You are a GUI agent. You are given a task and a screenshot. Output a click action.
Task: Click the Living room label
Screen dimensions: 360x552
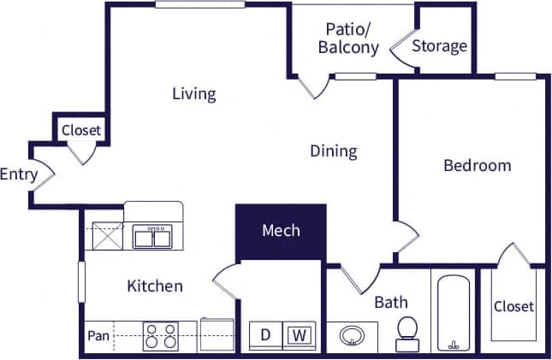[x=193, y=93]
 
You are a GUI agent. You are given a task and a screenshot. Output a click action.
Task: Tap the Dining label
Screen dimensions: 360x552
[x=333, y=151]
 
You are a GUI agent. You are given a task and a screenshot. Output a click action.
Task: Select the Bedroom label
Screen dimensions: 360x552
[x=477, y=165]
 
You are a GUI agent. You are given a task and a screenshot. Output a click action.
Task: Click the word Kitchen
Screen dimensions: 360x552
[x=155, y=286]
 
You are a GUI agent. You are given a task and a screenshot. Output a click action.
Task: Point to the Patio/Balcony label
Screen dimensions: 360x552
[x=348, y=38]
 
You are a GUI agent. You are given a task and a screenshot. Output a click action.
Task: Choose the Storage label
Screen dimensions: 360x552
[x=440, y=45]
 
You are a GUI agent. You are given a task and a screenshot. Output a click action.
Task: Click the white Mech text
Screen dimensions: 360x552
[x=281, y=230]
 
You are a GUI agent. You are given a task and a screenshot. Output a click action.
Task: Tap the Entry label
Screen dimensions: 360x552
[x=19, y=174]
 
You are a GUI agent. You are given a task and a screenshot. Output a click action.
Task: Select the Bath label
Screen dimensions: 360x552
[x=390, y=302]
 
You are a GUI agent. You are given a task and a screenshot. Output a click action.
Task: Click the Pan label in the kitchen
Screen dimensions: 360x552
[x=97, y=334]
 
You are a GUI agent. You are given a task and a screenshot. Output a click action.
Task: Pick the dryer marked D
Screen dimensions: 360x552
[x=265, y=335]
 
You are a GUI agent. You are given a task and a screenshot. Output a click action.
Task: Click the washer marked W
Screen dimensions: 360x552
[x=299, y=335]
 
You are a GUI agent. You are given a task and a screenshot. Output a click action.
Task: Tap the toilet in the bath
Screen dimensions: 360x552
[x=407, y=333]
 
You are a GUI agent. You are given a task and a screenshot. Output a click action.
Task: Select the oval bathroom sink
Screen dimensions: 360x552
[x=351, y=335]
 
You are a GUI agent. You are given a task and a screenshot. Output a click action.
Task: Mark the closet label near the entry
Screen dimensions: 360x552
[x=81, y=131]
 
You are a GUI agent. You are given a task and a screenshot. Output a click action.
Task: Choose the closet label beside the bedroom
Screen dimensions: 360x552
[x=513, y=306]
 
